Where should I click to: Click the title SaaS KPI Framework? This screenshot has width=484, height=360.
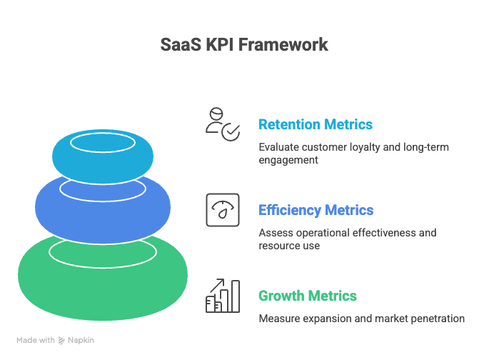click(x=243, y=44)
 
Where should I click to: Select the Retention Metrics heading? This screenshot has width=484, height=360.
click(x=315, y=124)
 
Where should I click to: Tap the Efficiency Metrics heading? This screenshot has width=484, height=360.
click(x=316, y=210)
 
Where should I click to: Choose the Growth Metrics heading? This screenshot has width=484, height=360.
click(x=307, y=296)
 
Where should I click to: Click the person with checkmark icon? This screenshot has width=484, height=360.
click(x=222, y=124)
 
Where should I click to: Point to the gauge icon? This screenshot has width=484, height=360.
click(x=222, y=210)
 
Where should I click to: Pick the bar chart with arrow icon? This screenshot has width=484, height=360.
click(x=222, y=296)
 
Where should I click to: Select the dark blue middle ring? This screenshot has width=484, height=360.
click(x=102, y=207)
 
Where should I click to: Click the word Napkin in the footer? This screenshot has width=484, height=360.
click(x=81, y=340)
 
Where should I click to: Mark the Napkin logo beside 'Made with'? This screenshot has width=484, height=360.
click(x=62, y=340)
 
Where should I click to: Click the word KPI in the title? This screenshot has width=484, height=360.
click(x=220, y=44)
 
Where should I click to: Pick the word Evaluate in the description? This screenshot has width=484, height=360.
click(x=279, y=147)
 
